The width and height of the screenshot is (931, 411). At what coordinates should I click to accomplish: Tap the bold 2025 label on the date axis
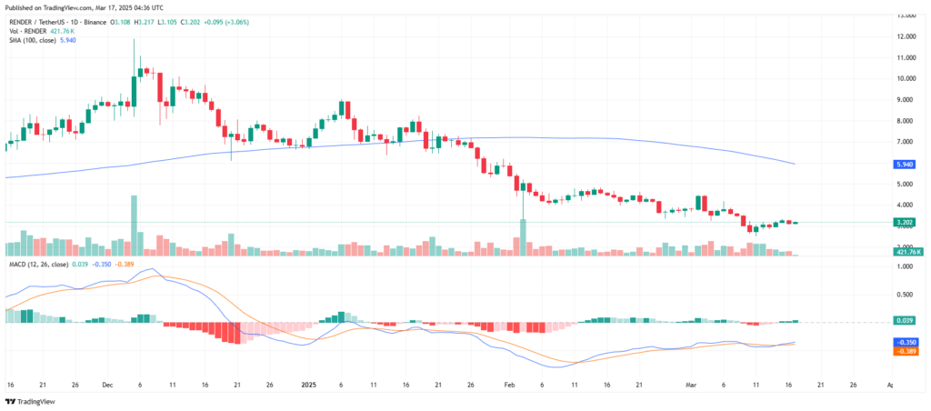tap(309, 386)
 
